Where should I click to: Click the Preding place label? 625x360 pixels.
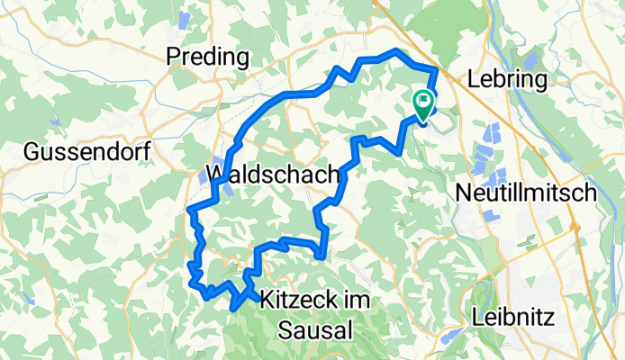point(208,58)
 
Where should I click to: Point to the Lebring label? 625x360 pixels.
point(506,79)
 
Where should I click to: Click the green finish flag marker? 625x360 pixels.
point(422,103)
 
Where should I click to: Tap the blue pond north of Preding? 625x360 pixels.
point(186,18)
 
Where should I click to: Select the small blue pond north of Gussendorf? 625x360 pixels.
point(56,122)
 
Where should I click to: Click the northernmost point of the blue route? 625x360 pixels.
point(396,50)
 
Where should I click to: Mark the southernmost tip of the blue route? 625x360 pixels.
point(234,308)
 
